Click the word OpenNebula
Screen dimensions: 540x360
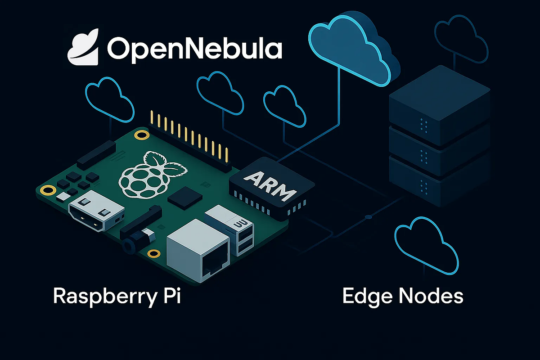(x=195, y=49)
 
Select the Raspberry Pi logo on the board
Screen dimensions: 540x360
(x=153, y=175)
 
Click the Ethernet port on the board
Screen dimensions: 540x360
(x=198, y=251)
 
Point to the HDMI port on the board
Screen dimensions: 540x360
(x=96, y=210)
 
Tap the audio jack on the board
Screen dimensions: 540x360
(x=137, y=241)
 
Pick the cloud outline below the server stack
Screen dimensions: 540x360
(x=427, y=245)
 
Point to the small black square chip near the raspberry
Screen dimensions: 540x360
(x=185, y=198)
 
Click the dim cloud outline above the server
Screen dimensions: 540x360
(x=461, y=39)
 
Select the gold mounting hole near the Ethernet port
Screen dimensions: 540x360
(x=154, y=253)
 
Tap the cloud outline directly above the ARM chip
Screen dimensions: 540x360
(x=284, y=106)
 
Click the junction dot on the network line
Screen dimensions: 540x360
(x=368, y=217)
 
